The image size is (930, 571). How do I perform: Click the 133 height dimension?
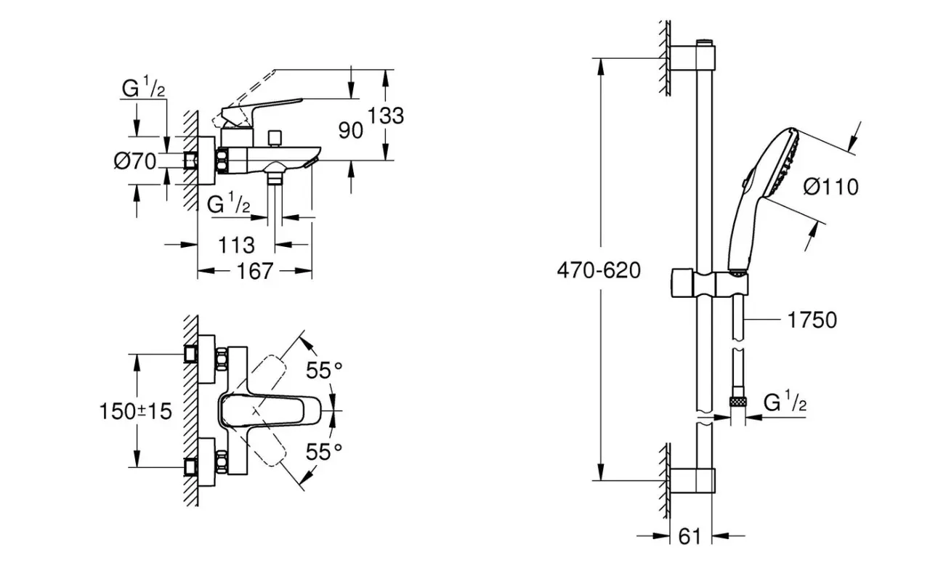tap(386, 116)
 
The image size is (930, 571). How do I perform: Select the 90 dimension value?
tap(350, 130)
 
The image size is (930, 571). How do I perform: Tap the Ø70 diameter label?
tap(135, 161)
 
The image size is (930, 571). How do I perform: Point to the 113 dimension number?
tap(236, 246)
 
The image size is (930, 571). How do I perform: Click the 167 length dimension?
tap(254, 272)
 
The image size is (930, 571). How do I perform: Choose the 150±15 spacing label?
tap(135, 412)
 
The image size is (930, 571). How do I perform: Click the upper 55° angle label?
tap(324, 370)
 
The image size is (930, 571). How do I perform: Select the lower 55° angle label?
tap(324, 452)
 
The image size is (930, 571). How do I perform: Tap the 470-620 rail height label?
tap(599, 270)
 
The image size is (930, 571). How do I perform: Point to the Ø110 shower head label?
tap(830, 187)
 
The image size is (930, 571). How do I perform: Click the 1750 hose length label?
tap(812, 320)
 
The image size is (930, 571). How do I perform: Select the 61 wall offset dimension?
tap(690, 536)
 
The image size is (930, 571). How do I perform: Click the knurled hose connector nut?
tap(737, 401)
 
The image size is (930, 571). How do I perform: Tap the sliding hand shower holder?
tap(710, 284)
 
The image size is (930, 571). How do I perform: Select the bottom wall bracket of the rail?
tap(692, 480)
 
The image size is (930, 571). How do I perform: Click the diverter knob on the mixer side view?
tap(275, 139)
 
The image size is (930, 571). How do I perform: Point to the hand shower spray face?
tap(784, 162)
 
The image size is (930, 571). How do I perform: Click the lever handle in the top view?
tap(270, 411)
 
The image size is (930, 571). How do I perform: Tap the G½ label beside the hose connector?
tap(785, 402)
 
